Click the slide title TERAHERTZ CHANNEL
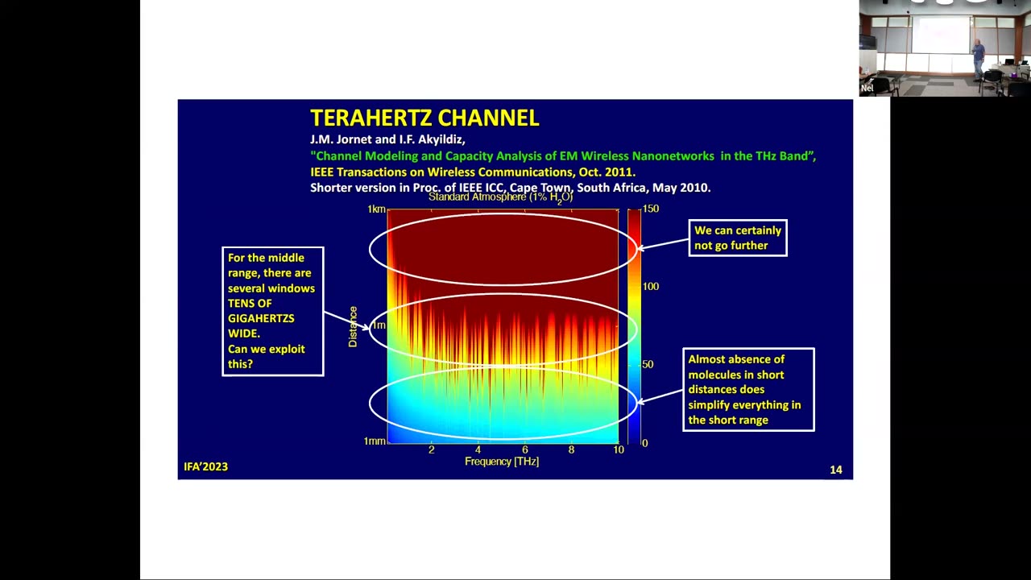tap(424, 118)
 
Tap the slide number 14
tap(835, 470)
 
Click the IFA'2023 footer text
tap(205, 466)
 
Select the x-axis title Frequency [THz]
tap(501, 462)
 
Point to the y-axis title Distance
tap(353, 326)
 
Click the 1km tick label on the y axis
tap(376, 209)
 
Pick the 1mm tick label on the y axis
tap(375, 441)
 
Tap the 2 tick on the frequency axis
tap(432, 449)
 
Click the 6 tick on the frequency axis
tap(524, 449)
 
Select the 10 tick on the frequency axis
tap(618, 449)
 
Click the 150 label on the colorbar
tap(650, 209)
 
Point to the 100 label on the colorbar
tap(650, 286)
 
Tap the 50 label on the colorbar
tap(648, 364)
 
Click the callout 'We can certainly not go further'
tap(737, 238)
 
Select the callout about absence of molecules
tap(748, 389)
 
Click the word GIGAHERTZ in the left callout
tap(261, 318)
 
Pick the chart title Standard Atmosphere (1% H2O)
tap(500, 197)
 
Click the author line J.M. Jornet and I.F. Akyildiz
tap(387, 139)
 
